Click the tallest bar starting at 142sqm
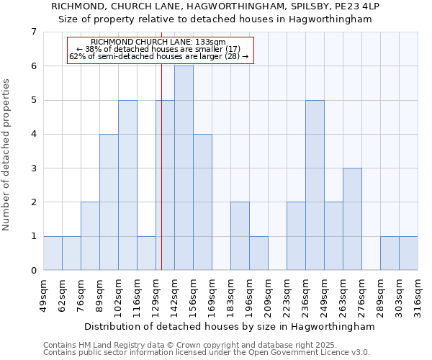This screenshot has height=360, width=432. (184, 168)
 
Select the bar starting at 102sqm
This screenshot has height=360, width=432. (127, 185)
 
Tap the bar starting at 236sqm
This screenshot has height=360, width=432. (315, 185)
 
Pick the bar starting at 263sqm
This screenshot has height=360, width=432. (352, 219)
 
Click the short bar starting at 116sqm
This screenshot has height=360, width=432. (146, 253)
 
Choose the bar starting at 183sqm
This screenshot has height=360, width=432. (240, 236)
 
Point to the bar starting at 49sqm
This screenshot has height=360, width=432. (53, 253)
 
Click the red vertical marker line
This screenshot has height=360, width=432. (161, 180)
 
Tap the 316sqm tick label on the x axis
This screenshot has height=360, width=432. (418, 295)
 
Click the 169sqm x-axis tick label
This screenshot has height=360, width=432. (212, 295)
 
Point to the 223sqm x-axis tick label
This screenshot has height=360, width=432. (287, 295)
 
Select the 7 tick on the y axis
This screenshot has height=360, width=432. (33, 32)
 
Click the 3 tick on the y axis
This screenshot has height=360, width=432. (33, 168)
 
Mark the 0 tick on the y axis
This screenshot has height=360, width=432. (33, 271)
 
